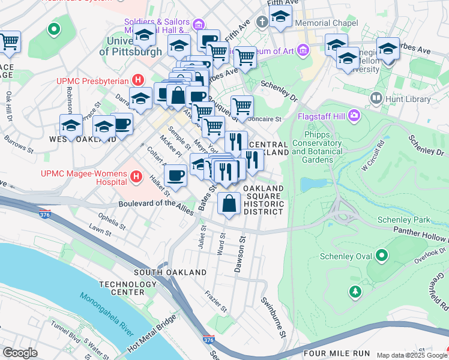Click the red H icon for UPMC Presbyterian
[x=139, y=80]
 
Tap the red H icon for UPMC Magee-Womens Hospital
[x=136, y=176]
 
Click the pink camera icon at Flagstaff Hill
[x=355, y=114]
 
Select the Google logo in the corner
[x=20, y=353]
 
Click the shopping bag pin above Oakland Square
[x=229, y=204]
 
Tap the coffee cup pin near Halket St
[x=175, y=176]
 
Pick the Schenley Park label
[x=402, y=220]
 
